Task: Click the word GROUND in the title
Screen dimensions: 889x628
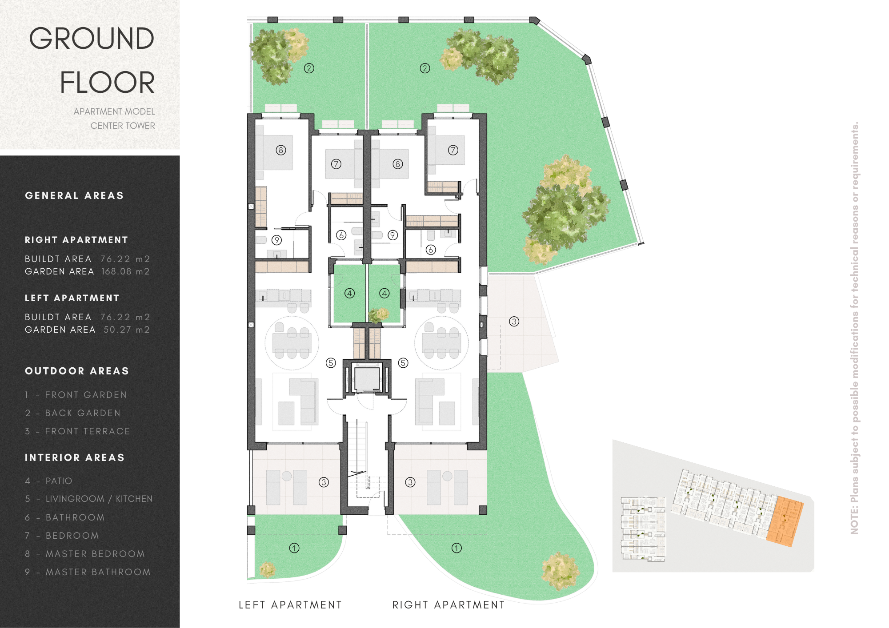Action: pos(92,39)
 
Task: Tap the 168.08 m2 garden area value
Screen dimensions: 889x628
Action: pos(125,271)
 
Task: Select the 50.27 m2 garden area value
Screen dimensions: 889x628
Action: pos(127,330)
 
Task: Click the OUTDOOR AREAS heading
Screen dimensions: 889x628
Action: pos(77,371)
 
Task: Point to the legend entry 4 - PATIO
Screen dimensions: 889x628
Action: pos(48,481)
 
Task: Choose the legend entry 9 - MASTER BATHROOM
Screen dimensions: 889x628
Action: pos(88,572)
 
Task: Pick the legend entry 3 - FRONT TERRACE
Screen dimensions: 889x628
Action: pos(78,431)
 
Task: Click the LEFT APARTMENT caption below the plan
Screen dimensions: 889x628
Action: pos(290,605)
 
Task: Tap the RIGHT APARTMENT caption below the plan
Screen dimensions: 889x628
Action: pos(449,605)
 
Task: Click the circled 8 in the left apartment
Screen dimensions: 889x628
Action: pos(281,150)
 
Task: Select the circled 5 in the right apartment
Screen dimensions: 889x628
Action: pos(403,363)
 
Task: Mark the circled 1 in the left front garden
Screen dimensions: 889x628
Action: pos(294,548)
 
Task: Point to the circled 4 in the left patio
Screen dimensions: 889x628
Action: pos(350,293)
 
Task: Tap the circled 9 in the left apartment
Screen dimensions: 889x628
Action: pos(277,240)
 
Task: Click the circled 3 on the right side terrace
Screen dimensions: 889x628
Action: pos(514,322)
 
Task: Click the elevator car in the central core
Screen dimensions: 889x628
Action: pos(366,378)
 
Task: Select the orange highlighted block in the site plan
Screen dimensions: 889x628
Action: pos(785,521)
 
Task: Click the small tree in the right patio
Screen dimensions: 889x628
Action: pos(379,315)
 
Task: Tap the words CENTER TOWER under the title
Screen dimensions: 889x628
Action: pos(123,126)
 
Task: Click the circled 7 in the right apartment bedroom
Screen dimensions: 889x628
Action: pos(453,150)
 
